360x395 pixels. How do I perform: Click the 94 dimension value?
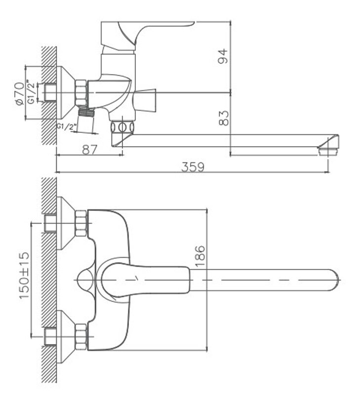pyautogui.click(x=222, y=56)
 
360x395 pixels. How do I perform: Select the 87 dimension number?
pyautogui.click(x=89, y=150)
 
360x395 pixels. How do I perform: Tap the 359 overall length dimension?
pyautogui.click(x=193, y=167)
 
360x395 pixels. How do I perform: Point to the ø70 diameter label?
pyautogui.click(x=20, y=93)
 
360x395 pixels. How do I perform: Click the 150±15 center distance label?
pyautogui.click(x=24, y=275)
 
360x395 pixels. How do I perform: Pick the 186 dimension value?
pyautogui.click(x=200, y=256)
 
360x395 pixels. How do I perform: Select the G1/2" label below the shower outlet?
pyautogui.click(x=66, y=126)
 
